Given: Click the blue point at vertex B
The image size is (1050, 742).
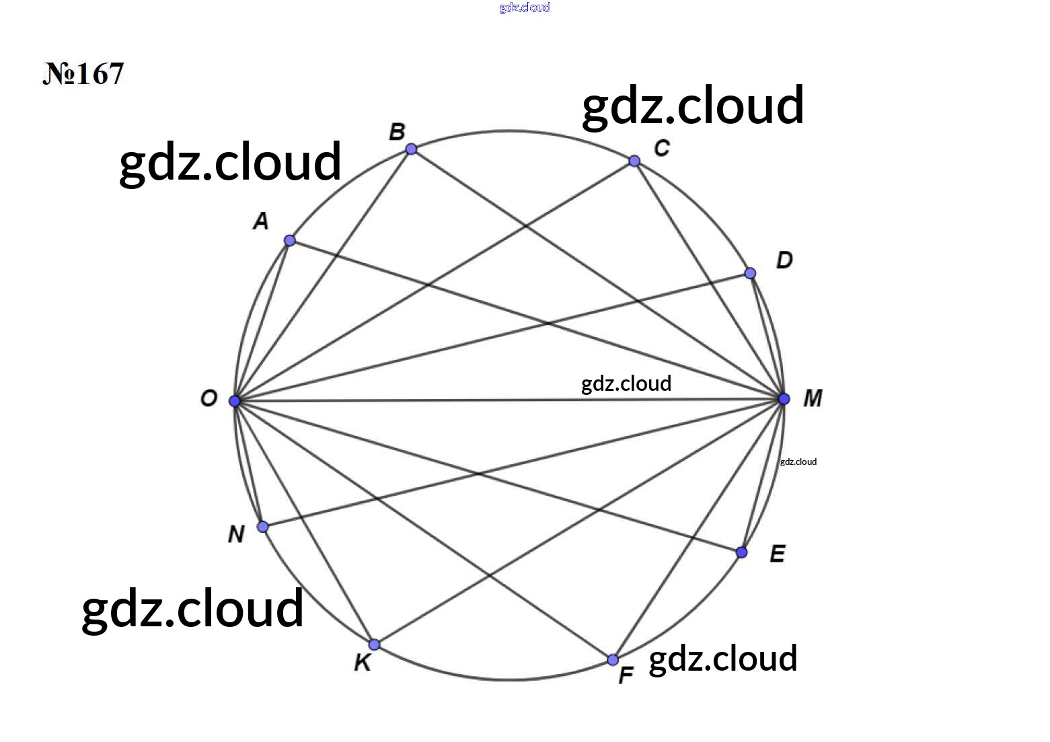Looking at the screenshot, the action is coord(411,149).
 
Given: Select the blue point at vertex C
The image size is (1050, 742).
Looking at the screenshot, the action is coord(634,161).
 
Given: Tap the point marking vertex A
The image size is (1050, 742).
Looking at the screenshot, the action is coord(290,240).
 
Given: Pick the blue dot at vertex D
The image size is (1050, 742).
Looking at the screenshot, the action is coord(750,273).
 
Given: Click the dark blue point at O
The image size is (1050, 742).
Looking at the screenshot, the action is coord(235,401).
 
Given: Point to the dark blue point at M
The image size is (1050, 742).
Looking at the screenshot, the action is coord(784,399).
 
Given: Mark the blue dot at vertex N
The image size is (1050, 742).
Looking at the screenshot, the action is coord(263,527).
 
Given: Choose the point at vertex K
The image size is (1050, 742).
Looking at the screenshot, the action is coord(374,644).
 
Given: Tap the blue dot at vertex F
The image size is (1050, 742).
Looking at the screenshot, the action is coord(613,660).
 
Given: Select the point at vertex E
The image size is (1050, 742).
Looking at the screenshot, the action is coord(741,552).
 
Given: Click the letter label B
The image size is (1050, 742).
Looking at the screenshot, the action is coord(397,132).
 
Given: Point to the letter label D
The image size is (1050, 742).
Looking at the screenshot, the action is coord(784,260).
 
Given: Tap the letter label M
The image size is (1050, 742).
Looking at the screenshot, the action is coord(813,398).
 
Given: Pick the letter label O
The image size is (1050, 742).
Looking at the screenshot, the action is coord(209,398).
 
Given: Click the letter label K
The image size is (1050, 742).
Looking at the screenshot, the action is coord(363,663).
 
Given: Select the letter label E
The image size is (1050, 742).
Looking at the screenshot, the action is coord(778,554).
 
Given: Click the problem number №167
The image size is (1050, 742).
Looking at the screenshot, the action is coord(83,73).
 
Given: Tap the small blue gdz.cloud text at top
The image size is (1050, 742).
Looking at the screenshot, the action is coord(525,7).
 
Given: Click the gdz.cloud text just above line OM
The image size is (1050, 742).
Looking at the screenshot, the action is coord(626,384).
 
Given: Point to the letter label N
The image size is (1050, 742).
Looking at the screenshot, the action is coord(236,534).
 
